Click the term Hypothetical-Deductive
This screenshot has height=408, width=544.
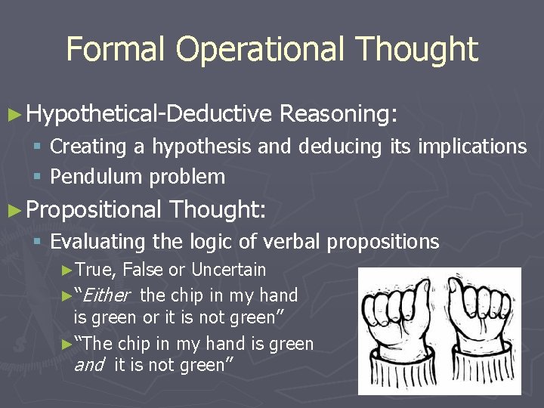[x=148, y=114]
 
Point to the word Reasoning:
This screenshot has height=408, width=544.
[x=338, y=114]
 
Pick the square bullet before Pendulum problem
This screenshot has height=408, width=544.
[x=39, y=178]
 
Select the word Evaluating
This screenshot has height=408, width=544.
[x=97, y=242]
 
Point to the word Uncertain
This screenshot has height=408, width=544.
[x=228, y=270]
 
